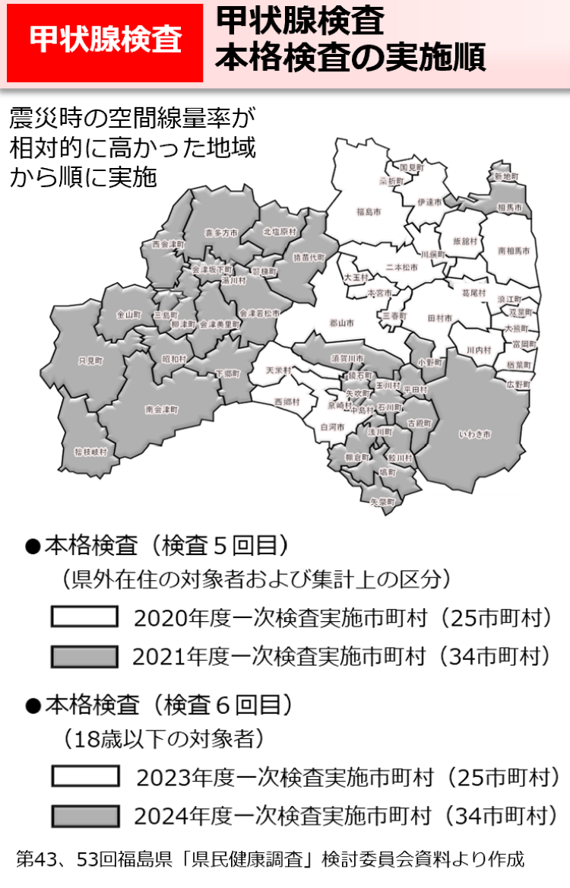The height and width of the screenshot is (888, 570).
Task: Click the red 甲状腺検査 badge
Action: [105, 42]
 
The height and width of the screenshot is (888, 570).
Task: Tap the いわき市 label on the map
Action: [476, 434]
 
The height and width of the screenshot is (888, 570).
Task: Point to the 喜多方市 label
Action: [221, 233]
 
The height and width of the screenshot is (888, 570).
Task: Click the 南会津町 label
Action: [162, 409]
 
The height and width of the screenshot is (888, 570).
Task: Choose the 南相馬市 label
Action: [514, 249]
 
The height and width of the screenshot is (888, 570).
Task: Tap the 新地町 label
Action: [505, 176]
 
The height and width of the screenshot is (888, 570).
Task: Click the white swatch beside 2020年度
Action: [84, 617]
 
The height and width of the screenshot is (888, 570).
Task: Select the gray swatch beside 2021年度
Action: [84, 655]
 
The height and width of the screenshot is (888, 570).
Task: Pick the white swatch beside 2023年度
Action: [84, 776]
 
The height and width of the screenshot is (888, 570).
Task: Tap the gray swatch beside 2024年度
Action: [84, 816]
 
